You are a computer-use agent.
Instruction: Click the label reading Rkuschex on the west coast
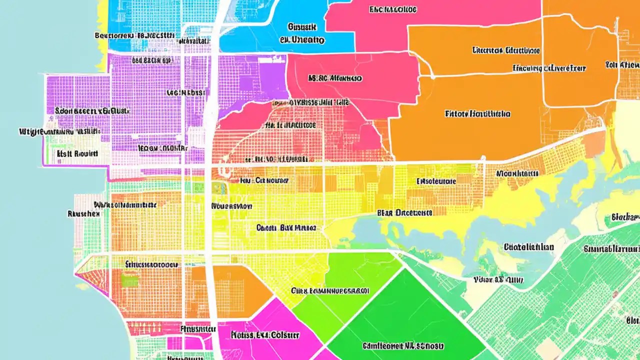pyautogui.click(x=83, y=213)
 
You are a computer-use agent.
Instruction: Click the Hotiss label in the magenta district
pyautogui.click(x=265, y=334)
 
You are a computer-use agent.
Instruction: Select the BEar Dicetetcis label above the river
pyautogui.click(x=404, y=212)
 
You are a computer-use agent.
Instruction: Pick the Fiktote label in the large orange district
pyautogui.click(x=477, y=114)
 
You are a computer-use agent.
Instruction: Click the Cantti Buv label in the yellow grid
pyautogui.click(x=286, y=227)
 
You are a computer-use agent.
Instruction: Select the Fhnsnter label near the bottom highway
pyautogui.click(x=196, y=329)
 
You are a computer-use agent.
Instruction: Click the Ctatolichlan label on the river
pyautogui.click(x=528, y=247)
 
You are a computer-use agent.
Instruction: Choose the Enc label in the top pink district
pyautogui.click(x=392, y=9)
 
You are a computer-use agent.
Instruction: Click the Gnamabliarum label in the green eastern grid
pyautogui.click(x=612, y=248)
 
